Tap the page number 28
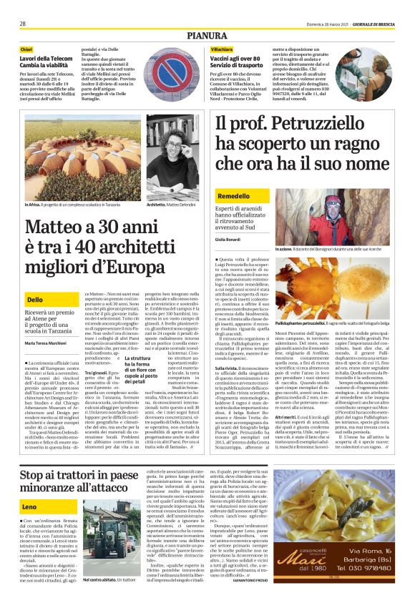point(23,23)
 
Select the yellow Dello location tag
point(34,299)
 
